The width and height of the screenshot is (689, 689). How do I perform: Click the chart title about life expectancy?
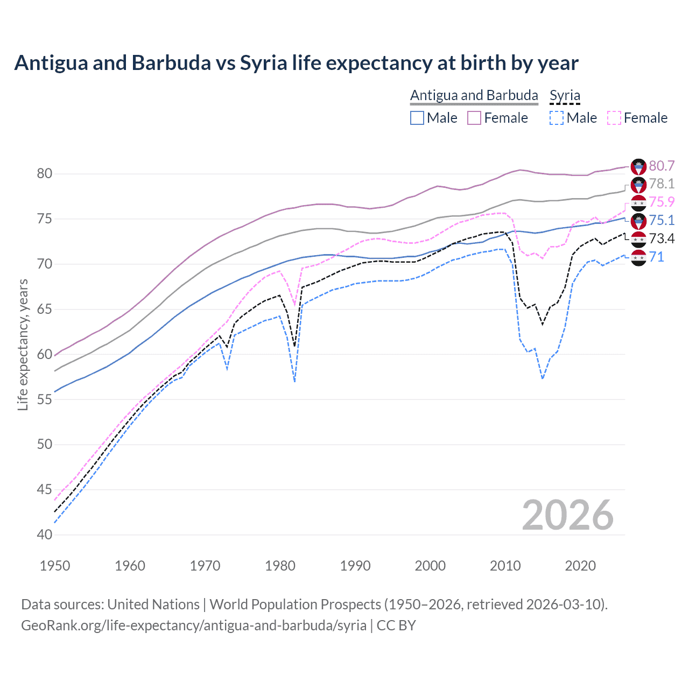[296, 63]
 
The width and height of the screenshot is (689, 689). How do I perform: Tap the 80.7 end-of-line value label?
[662, 166]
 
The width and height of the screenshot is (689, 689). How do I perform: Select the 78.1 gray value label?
[662, 184]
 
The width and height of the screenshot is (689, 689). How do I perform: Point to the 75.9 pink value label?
[662, 202]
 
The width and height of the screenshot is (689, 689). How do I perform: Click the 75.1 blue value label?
[662, 220]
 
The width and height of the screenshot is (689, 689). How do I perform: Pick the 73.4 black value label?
[662, 238]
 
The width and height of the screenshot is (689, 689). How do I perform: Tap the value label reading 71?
[656, 257]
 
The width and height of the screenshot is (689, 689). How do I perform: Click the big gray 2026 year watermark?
[567, 515]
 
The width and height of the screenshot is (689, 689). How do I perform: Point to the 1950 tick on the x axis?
[55, 566]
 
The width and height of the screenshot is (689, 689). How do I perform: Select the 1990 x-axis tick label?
[355, 566]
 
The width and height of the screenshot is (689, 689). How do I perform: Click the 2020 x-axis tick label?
[580, 566]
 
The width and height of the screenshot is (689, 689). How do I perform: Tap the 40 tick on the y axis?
[45, 535]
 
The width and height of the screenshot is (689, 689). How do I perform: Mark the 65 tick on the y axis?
[45, 309]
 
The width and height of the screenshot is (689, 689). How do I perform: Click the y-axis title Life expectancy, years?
[23, 344]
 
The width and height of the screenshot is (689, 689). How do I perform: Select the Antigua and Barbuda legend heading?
[474, 95]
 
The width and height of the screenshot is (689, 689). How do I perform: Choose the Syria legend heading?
[565, 95]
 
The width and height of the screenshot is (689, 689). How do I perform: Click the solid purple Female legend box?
[474, 118]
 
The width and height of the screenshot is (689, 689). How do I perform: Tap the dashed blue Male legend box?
[557, 118]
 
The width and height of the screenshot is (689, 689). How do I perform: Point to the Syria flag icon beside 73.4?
[638, 238]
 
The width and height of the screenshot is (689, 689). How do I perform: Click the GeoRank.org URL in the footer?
[194, 625]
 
